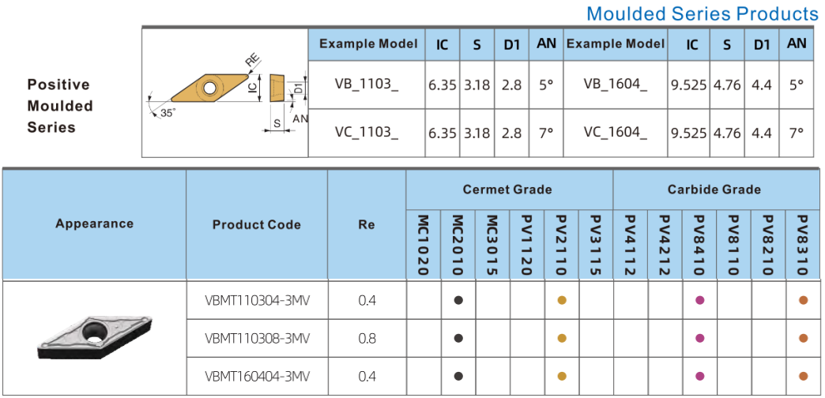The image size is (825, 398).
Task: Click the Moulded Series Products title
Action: [x=703, y=13]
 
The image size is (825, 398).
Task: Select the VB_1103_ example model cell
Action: [x=367, y=84]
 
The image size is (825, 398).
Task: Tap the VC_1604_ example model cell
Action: [x=615, y=133]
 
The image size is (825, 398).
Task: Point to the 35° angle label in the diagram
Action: [x=168, y=112]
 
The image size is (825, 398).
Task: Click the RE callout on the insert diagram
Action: [x=253, y=61]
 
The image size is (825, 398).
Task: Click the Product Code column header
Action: [x=257, y=224]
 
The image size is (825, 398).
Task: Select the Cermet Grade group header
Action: [x=508, y=190]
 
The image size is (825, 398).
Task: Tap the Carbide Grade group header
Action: [x=714, y=190]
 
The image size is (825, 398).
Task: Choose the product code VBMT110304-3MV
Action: [x=257, y=300]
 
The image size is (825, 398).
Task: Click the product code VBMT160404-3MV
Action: [x=257, y=376]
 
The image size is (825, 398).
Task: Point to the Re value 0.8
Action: [x=367, y=338]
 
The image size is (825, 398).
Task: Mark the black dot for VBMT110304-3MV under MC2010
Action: [x=458, y=300]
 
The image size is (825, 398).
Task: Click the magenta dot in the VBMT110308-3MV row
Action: [x=699, y=338]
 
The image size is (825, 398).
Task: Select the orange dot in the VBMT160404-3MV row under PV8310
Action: [x=803, y=376]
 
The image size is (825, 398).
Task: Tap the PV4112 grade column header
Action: [x=631, y=245]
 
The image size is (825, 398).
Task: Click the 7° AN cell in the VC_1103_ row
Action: [x=546, y=133]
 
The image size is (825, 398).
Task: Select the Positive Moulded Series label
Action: [x=60, y=106]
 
